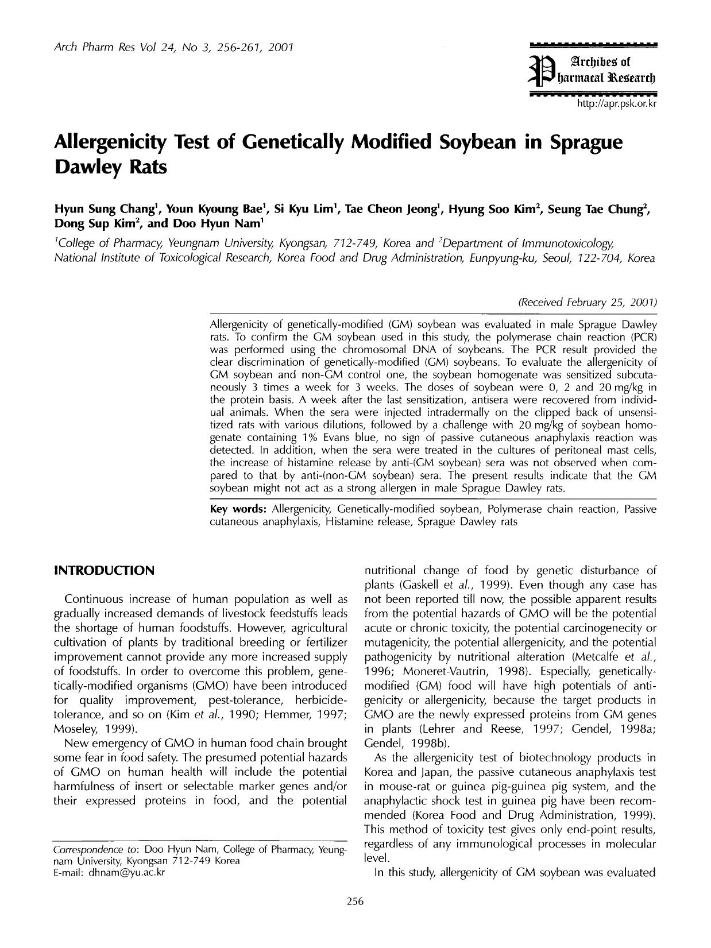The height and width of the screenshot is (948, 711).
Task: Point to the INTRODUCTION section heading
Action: click(104, 571)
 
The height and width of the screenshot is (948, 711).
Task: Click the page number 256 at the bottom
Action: click(356, 901)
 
